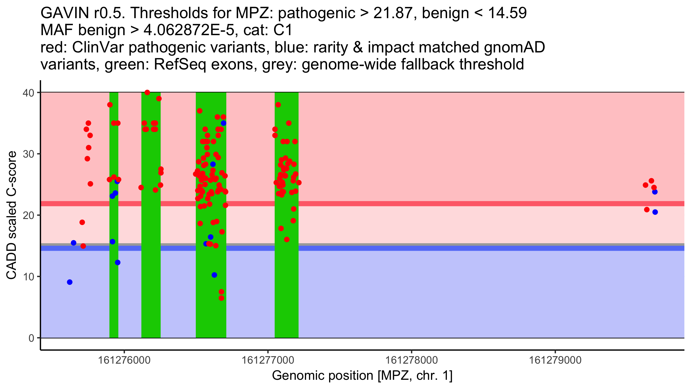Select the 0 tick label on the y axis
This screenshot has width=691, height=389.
(32, 338)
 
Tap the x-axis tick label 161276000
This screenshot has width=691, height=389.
(124, 360)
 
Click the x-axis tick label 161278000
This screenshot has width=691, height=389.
(411, 360)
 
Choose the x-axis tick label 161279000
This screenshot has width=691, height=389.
(555, 360)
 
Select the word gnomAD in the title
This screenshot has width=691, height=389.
(514, 48)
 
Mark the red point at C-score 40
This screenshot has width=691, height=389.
(147, 92)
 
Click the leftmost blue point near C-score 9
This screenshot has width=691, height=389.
(70, 282)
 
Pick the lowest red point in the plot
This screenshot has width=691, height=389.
(221, 298)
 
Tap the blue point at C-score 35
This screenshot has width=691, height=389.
(223, 123)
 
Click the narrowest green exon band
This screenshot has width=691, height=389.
(114, 215)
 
